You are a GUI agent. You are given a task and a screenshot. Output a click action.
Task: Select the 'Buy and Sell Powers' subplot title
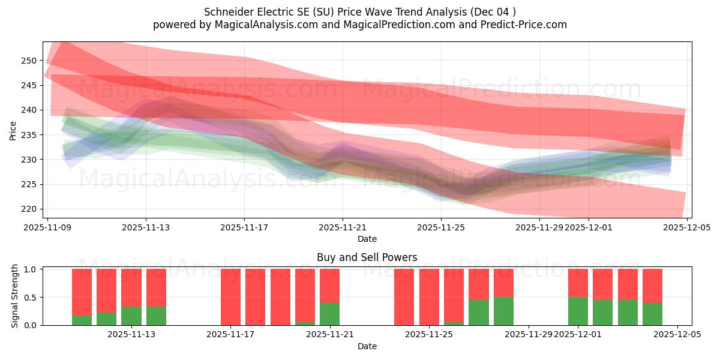click(367, 257)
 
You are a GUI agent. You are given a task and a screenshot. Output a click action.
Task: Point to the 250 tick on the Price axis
click(30, 61)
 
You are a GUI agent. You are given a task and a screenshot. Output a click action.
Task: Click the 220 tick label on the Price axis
click(30, 209)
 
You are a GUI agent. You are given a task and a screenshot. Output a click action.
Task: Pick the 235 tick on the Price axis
click(30, 135)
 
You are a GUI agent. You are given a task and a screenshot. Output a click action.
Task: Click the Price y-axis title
click(13, 130)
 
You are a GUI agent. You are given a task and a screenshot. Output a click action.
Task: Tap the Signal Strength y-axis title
click(16, 296)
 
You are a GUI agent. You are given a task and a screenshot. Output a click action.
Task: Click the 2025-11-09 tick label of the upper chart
click(47, 227)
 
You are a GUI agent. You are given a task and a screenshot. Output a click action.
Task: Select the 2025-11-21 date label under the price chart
click(343, 227)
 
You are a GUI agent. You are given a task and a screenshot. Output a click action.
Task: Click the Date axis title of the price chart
click(367, 239)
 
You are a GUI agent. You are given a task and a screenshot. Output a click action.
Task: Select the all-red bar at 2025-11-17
click(230, 297)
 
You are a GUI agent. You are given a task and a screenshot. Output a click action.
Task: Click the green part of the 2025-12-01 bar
click(578, 311)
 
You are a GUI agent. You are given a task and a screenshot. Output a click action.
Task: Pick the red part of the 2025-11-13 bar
click(131, 287)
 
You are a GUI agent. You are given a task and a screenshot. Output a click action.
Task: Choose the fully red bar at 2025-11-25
click(429, 297)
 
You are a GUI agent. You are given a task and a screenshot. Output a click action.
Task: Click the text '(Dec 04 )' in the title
click(494, 12)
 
